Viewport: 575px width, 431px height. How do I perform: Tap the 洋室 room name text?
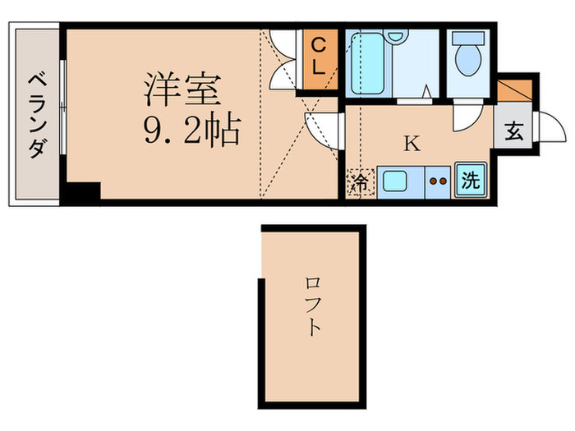coord(182,89)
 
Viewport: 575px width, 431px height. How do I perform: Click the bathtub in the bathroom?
coord(366,65)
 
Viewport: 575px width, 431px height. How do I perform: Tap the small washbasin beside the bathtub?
coord(396,38)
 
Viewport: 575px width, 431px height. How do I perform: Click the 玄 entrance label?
coord(513,132)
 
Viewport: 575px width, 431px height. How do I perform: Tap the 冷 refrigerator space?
coord(360,182)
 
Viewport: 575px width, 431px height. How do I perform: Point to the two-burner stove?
coord(438,182)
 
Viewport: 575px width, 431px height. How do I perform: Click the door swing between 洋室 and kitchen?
coord(325,130)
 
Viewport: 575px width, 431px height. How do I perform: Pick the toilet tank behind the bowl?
coord(467,38)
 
